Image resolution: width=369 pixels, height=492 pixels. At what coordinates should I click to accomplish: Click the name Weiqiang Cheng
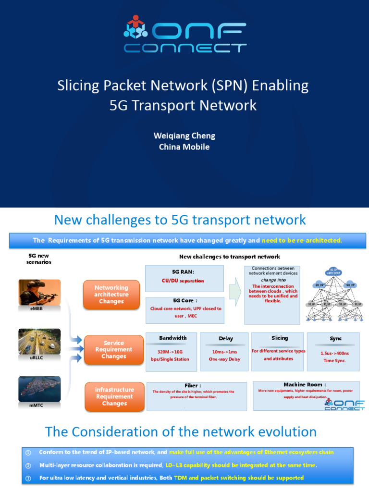click(184, 135)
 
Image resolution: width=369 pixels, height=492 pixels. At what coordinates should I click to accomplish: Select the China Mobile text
click(184, 147)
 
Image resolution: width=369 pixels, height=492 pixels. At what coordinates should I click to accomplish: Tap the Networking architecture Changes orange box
click(111, 295)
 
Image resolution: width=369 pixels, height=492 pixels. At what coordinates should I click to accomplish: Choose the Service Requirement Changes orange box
click(114, 349)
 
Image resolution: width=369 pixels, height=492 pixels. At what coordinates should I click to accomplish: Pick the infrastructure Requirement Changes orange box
click(114, 396)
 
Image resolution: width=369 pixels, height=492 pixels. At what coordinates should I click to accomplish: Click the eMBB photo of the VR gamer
click(39, 292)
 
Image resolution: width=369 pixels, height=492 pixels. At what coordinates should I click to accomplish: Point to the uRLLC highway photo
click(39, 342)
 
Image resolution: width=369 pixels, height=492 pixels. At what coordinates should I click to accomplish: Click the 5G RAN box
click(184, 278)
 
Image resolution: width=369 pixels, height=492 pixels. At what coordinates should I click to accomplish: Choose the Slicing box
click(278, 352)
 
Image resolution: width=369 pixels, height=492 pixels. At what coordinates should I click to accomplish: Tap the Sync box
click(333, 352)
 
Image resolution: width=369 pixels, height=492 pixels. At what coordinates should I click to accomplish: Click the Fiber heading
click(192, 385)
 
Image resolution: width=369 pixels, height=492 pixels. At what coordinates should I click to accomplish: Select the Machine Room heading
click(305, 384)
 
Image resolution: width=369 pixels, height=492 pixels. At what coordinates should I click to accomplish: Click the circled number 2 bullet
click(28, 465)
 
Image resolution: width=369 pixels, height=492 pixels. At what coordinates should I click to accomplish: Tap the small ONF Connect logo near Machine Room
click(344, 405)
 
